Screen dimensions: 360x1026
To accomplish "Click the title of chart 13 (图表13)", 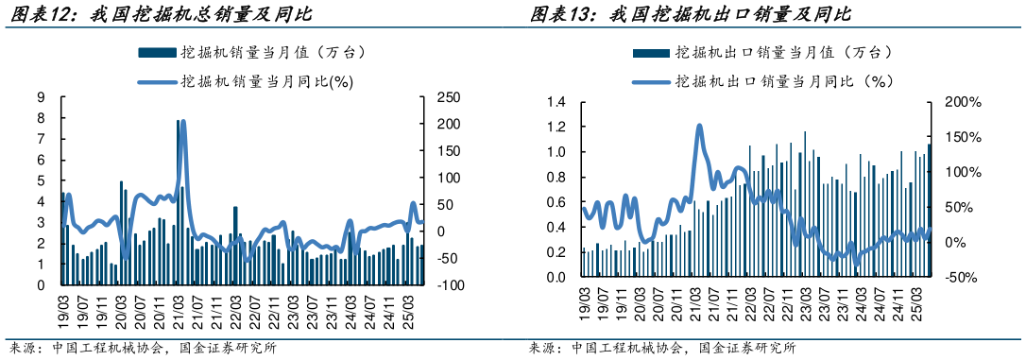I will [690, 15].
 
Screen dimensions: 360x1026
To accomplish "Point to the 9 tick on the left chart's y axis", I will [42, 97].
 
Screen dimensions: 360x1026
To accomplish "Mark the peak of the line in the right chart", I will [699, 126].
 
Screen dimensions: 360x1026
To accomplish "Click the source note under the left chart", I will [142, 348].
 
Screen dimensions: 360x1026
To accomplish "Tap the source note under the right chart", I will [661, 348].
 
